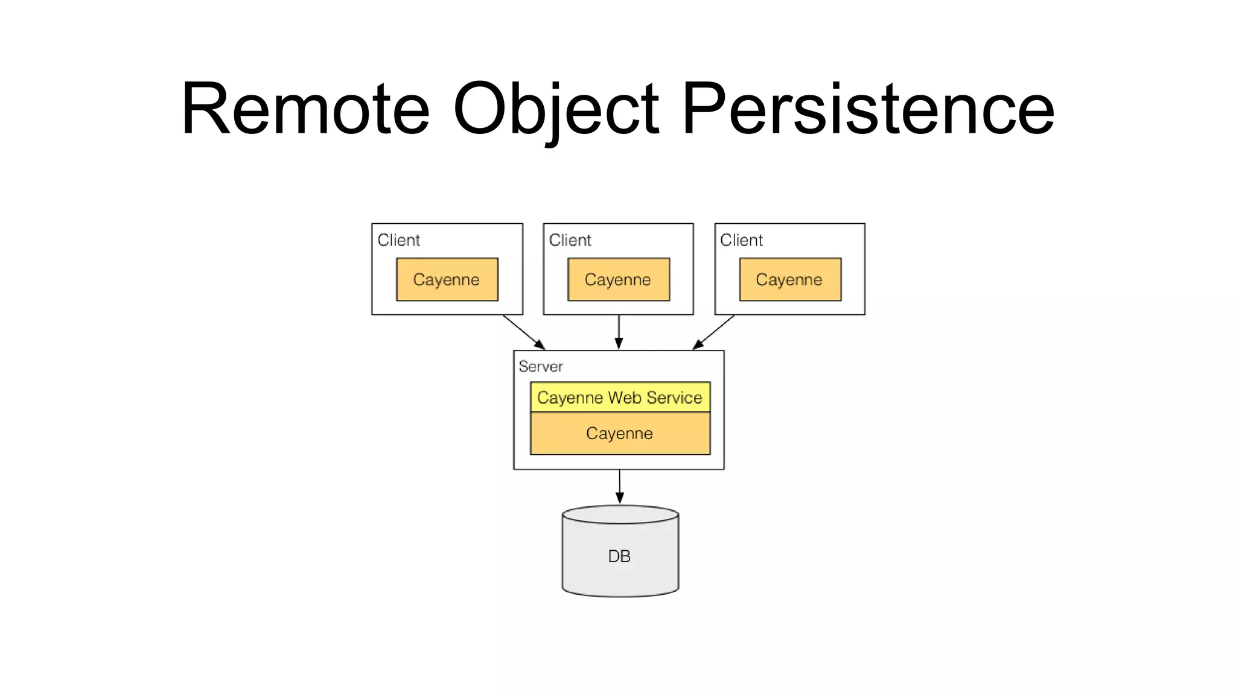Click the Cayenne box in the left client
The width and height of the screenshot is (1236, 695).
[447, 279]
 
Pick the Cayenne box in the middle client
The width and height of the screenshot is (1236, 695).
[618, 279]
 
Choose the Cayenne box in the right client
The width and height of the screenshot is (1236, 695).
[789, 279]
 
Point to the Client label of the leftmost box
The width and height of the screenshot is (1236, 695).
[398, 240]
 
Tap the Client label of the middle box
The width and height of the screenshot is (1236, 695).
[570, 240]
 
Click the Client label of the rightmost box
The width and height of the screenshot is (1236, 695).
[741, 240]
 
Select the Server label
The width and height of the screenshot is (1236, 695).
[540, 366]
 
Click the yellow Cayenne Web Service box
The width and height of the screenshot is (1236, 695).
[620, 398]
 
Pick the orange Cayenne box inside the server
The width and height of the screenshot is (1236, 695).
[620, 433]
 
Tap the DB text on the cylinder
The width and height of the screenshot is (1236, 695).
[619, 556]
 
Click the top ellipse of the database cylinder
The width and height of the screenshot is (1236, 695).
[620, 515]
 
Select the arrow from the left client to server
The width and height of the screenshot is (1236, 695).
[523, 332]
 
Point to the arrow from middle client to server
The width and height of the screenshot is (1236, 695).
[619, 332]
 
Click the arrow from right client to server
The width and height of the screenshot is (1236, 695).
[714, 332]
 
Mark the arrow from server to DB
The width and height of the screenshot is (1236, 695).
[619, 486]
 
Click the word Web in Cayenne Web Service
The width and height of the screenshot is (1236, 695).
[625, 398]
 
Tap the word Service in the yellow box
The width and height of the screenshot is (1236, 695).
[674, 398]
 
